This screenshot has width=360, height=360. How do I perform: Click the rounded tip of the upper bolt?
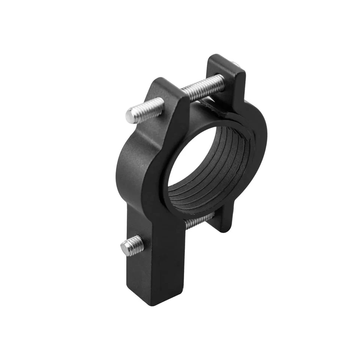click(130, 115)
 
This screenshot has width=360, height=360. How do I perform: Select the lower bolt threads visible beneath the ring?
click(199, 221)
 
